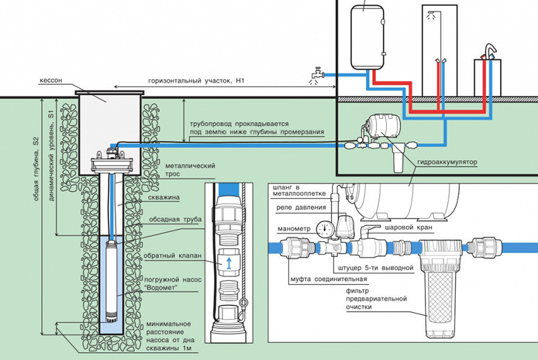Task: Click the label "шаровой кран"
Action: [403, 226]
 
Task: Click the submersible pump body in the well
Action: [113, 278]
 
